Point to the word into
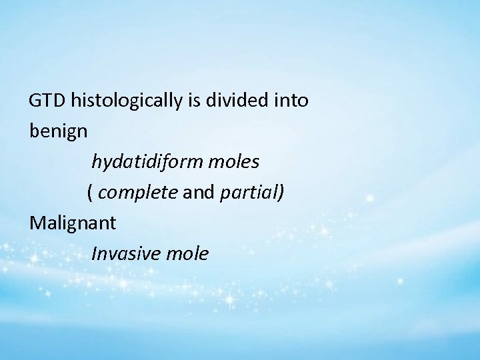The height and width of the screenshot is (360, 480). click(x=291, y=101)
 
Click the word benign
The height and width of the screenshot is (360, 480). click(x=59, y=131)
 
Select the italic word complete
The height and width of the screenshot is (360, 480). click(x=136, y=193)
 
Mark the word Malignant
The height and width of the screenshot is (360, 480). click(x=73, y=223)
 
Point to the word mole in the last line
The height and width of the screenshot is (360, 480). click(x=189, y=253)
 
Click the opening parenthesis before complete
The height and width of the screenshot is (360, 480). click(x=90, y=193)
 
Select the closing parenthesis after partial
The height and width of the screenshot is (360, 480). click(x=281, y=193)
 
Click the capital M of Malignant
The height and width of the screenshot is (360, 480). click(x=37, y=223)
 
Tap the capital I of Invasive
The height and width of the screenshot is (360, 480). click(x=94, y=253)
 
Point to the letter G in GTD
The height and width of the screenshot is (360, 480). click(x=35, y=101)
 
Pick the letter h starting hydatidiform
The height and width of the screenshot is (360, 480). click(x=96, y=161)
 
